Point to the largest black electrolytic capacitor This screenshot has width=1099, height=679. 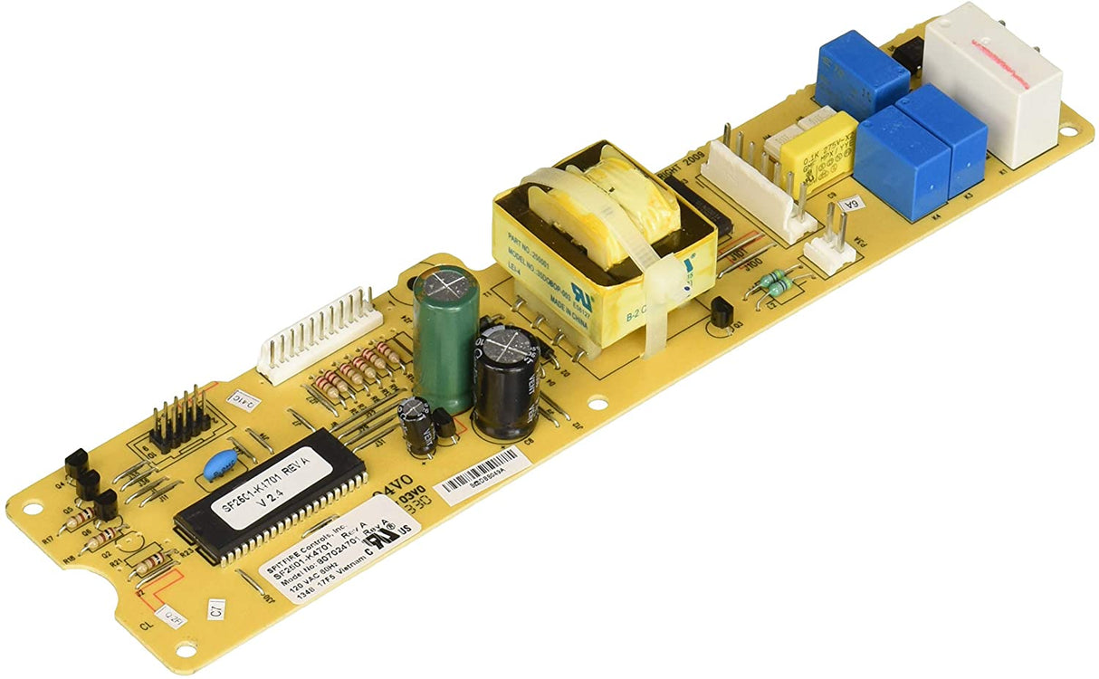506,380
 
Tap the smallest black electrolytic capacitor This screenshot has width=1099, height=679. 418,426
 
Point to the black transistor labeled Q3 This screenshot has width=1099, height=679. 722,313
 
